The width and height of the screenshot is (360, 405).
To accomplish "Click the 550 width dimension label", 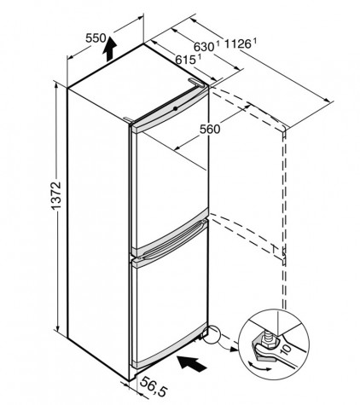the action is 96,38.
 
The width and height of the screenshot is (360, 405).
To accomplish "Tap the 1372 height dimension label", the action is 56,195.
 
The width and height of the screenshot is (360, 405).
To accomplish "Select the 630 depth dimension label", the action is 204,47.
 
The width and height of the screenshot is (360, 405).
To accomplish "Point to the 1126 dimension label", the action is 238,44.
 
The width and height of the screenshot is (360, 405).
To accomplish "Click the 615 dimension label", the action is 185,60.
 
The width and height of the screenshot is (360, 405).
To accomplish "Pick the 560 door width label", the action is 210,130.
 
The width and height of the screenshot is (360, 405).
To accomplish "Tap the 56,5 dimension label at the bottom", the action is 153,386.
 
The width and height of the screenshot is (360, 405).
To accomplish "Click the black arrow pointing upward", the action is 109,49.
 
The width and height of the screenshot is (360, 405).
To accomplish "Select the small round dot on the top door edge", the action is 175,108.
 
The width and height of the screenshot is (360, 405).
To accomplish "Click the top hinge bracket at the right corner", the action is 197,83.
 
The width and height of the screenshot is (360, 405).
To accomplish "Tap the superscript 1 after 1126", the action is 255,41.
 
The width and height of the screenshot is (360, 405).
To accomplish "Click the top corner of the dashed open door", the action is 284,129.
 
